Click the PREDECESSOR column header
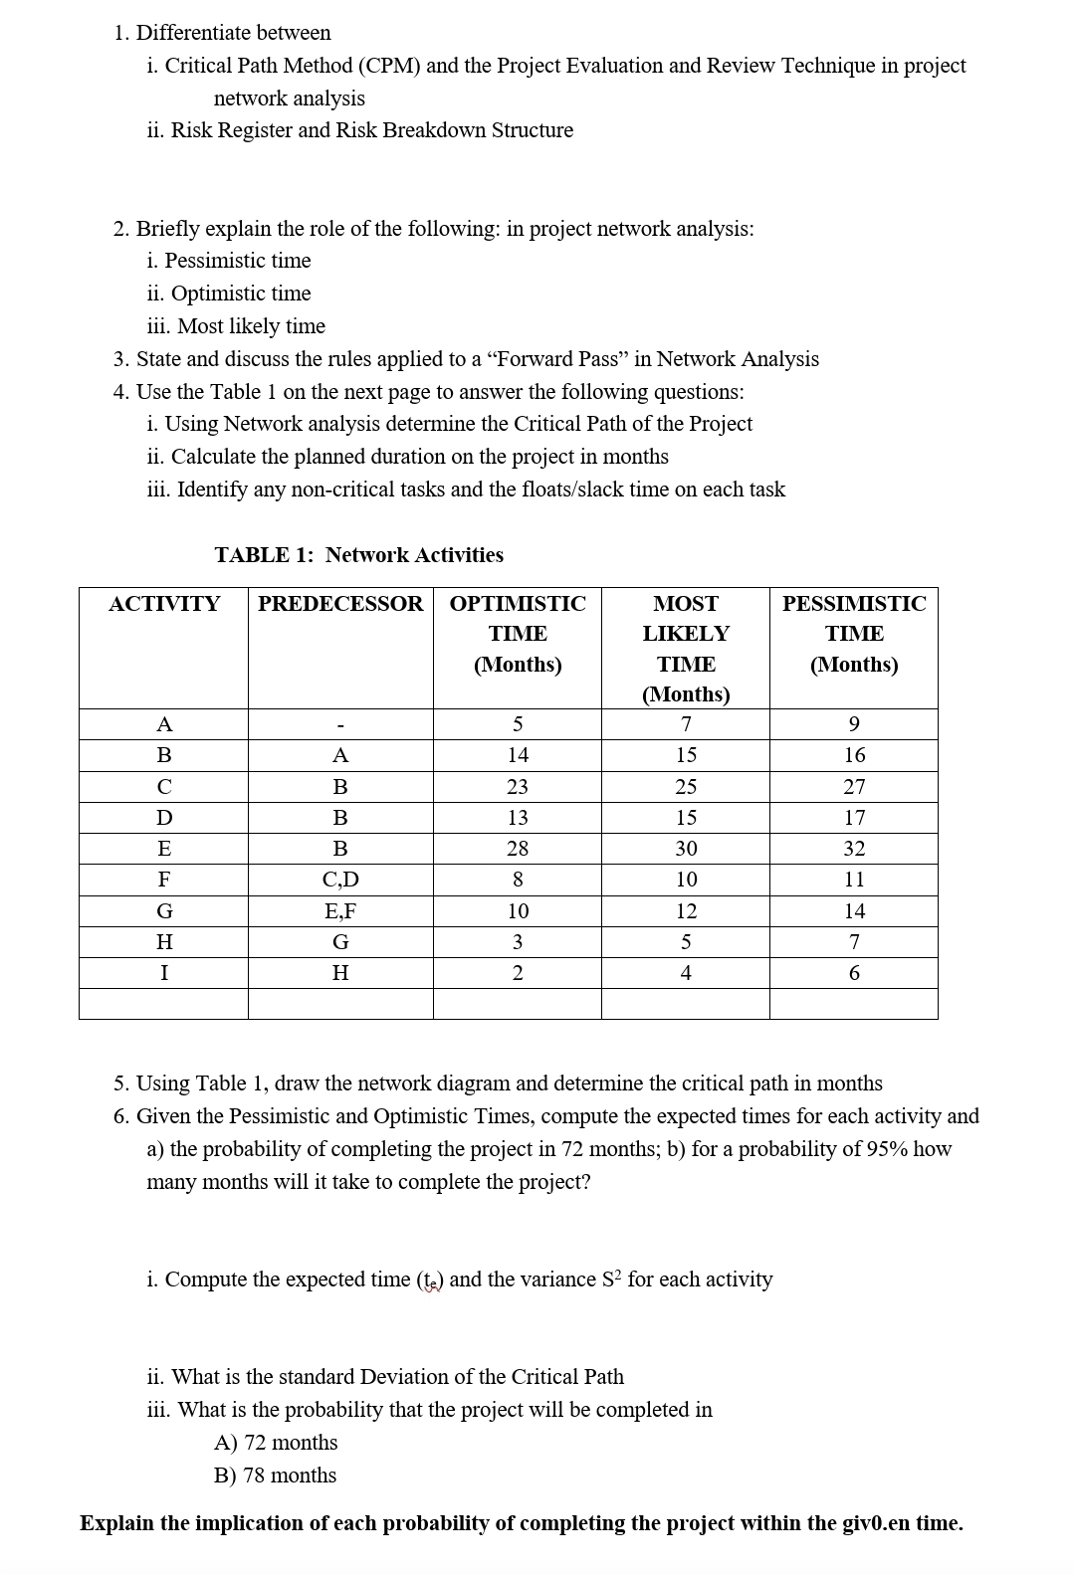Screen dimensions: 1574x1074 pos(340,604)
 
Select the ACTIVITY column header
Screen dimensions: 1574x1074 pos(164,604)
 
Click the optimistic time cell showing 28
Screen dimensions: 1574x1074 pos(518,849)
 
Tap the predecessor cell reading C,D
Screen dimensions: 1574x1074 pos(340,880)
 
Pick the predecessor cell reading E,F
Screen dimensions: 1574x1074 pos(340,911)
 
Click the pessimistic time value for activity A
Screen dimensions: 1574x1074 pos(854,724)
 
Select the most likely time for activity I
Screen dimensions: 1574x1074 pos(686,973)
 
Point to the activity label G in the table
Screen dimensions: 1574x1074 pos(164,911)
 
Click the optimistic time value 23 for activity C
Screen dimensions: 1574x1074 pos(518,787)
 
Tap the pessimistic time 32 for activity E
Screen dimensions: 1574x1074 pos(854,849)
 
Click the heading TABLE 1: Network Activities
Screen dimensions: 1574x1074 pos(359,555)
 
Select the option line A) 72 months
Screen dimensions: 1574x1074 pos(276,1443)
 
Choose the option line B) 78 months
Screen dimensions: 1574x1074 pos(276,1476)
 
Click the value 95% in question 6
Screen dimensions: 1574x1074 pos(887,1149)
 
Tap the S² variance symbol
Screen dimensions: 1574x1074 pos(612,1279)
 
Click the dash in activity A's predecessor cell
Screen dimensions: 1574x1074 pos(340,725)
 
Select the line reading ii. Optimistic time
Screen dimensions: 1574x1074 pos(229,294)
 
